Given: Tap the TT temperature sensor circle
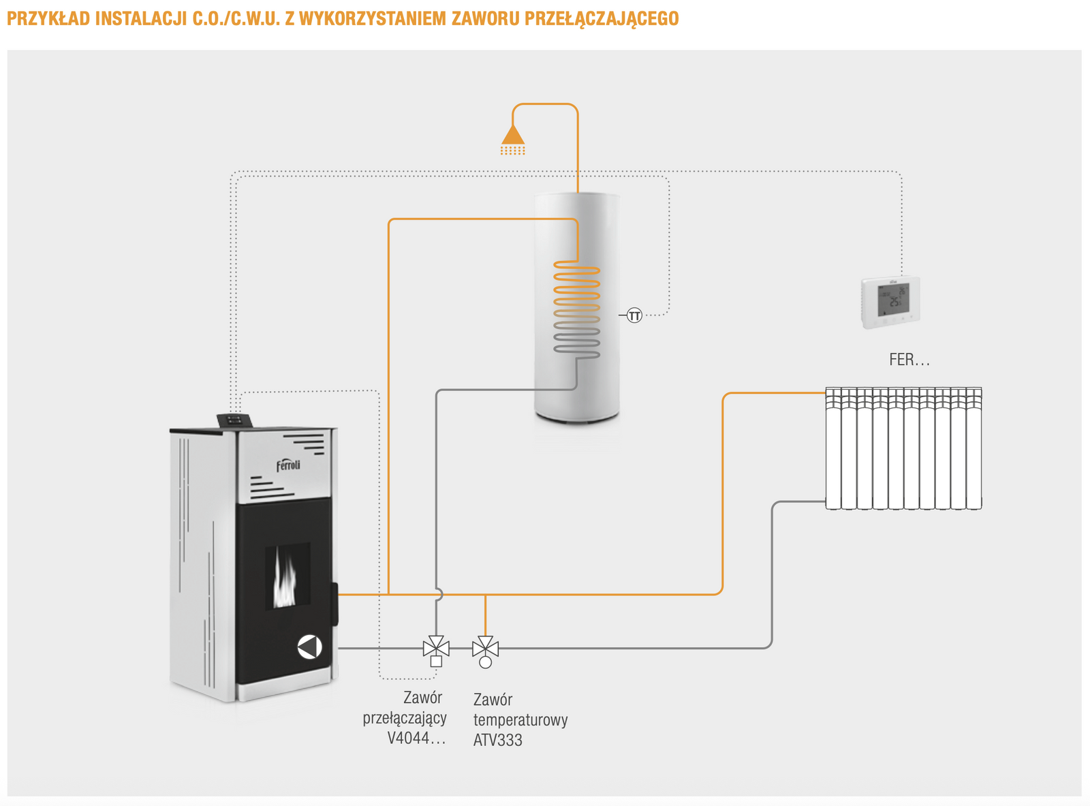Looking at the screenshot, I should click(634, 315).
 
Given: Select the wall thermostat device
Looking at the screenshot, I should click(890, 301).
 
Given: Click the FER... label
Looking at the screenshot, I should click(909, 360).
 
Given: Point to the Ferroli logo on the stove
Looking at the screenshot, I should click(288, 465).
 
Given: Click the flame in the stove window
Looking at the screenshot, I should click(285, 580).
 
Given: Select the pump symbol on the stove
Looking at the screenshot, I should click(309, 647).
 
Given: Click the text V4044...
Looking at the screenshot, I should click(416, 738).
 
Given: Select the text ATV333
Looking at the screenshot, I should click(497, 740).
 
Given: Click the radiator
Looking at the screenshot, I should click(903, 448).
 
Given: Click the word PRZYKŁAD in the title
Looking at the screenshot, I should click(48, 18).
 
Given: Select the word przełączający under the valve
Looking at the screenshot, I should click(405, 717).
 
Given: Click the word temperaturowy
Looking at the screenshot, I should click(520, 719).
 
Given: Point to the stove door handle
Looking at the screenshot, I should click(334, 604).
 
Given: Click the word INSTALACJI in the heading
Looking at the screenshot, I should click(141, 18).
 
